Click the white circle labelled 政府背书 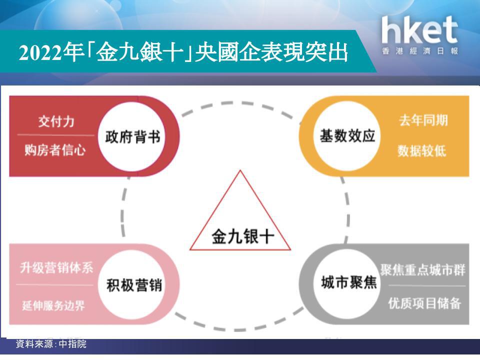[131, 136]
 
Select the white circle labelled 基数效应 [347, 136]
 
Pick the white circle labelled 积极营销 [133, 284]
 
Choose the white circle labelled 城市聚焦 [348, 283]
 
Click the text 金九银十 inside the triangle [243, 236]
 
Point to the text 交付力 [56, 121]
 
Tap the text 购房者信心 [55, 150]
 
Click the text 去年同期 [423, 120]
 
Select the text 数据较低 [422, 150]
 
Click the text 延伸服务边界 [53, 305]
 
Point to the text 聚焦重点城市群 [423, 270]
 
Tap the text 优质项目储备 [424, 303]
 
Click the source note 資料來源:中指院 [51, 344]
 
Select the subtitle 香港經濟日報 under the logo [419, 51]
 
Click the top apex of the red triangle [240, 170]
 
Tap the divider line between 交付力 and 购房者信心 [55, 134]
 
